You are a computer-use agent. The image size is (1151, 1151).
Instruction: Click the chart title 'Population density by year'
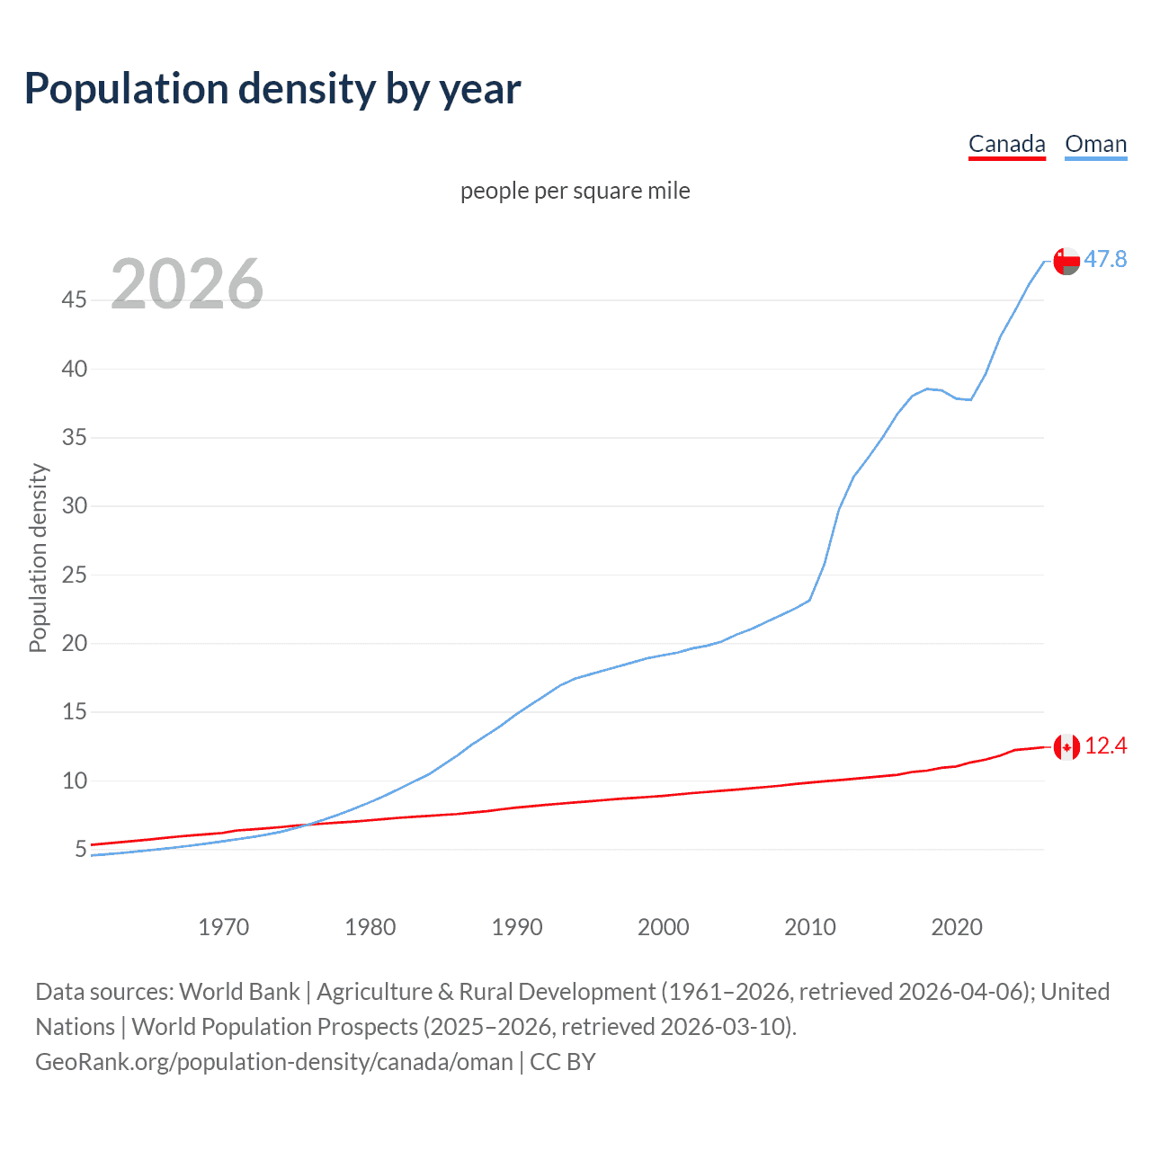(272, 89)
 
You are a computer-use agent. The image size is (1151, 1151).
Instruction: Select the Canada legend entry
(1006, 144)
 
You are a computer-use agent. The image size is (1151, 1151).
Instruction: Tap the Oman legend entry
(1095, 144)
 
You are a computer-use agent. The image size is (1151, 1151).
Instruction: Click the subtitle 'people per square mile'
(575, 191)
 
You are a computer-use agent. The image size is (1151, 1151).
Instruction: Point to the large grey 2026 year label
(187, 284)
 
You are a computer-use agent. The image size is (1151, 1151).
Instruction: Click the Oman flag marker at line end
(1066, 261)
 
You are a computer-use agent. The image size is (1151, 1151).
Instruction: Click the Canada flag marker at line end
(1066, 746)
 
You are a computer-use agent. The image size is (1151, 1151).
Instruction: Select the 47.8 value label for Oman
(1105, 259)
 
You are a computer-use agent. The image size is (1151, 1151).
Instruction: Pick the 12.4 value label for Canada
(1105, 745)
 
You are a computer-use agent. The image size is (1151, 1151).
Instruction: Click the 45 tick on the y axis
(75, 299)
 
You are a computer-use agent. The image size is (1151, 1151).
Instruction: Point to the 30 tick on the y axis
(75, 505)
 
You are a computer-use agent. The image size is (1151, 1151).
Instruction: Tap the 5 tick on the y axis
(81, 849)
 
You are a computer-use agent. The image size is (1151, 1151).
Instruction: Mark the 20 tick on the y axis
(75, 643)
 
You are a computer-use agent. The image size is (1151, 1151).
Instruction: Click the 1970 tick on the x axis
(223, 927)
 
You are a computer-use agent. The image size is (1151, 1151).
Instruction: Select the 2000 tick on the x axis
(663, 927)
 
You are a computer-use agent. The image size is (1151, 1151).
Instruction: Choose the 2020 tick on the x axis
(956, 927)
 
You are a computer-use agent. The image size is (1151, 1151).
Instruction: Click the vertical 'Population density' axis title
(38, 558)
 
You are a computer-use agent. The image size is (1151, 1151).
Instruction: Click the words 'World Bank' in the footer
(239, 992)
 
